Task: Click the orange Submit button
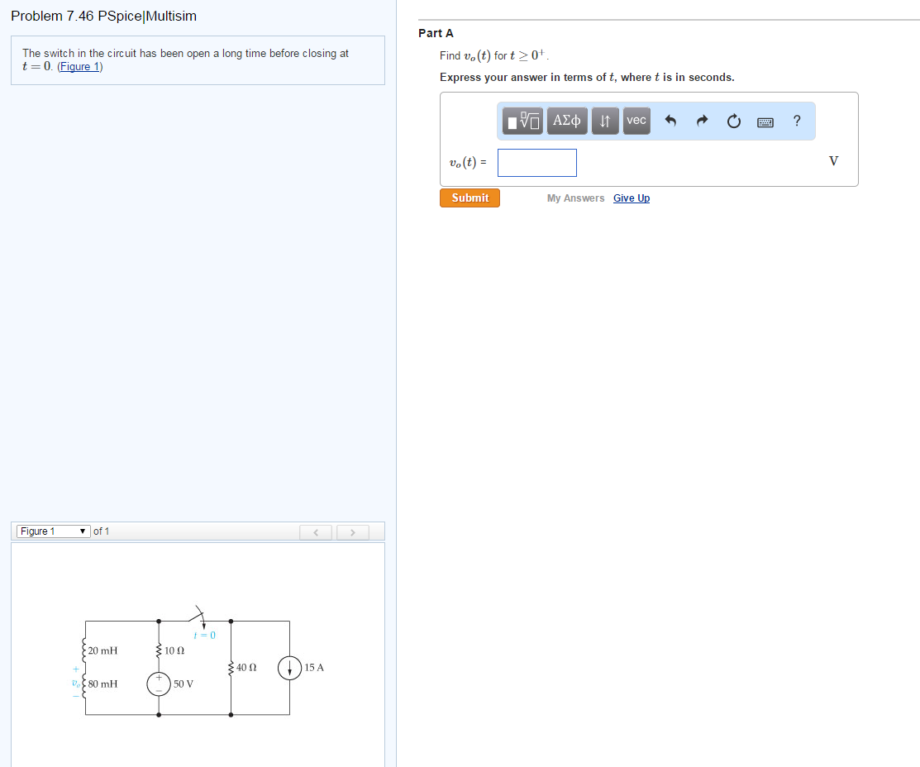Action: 470,198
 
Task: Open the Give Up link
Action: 632,198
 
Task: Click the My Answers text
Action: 575,198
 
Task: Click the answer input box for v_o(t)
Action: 536,163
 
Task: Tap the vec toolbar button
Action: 636,121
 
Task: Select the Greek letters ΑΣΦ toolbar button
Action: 567,121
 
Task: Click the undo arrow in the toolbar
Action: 670,121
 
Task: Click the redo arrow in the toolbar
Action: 702,121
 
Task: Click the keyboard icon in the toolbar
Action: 765,122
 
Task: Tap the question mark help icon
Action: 796,121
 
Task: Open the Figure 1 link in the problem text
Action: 80,66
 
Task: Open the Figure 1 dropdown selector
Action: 54,531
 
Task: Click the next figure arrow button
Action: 353,532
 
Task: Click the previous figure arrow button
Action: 316,532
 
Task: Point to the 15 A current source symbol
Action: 289,668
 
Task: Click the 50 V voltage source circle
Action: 159,684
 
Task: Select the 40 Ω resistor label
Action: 246,667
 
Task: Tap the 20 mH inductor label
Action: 102,650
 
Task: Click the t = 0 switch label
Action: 205,635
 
